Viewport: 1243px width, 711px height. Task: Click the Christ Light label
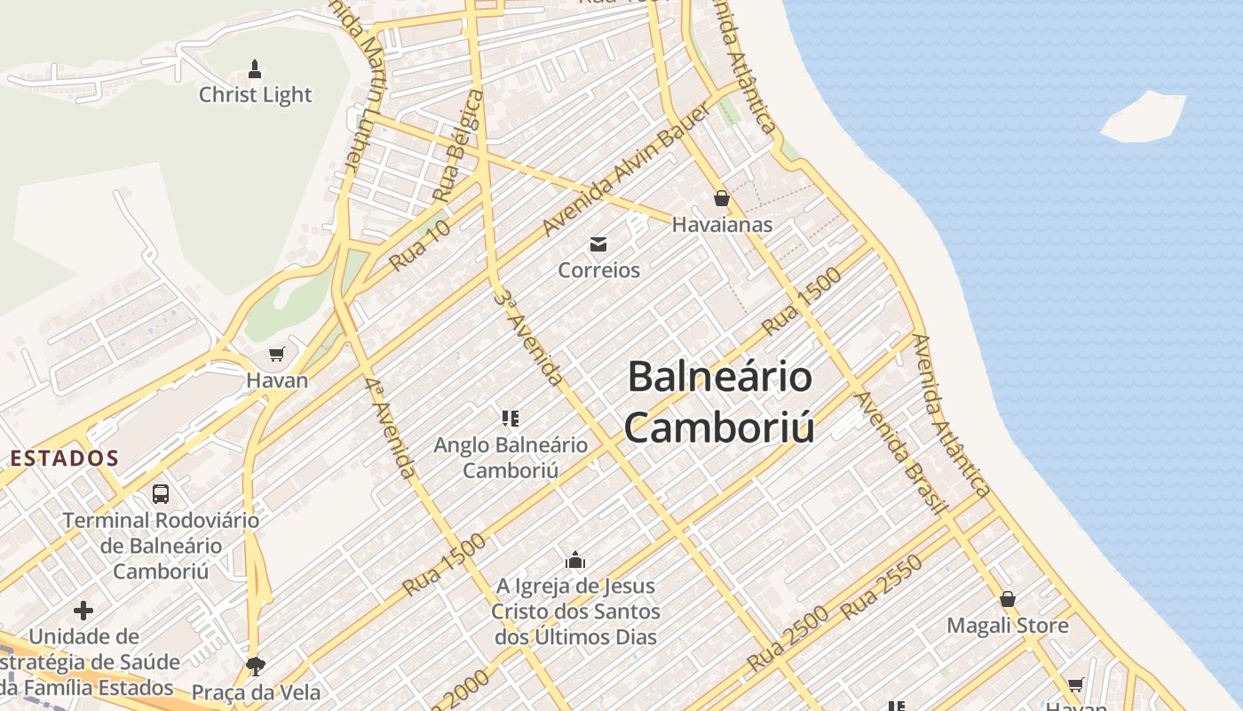tap(255, 95)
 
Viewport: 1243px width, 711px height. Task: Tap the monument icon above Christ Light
tap(255, 68)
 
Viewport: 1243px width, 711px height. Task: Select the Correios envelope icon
tap(598, 244)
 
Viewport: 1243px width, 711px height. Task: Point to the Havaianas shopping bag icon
tap(721, 198)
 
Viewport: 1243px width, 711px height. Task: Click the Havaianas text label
tap(722, 225)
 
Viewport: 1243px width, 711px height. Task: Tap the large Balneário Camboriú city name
tap(719, 402)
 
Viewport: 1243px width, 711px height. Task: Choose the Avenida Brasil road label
tap(899, 451)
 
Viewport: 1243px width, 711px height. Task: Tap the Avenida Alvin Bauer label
tap(627, 169)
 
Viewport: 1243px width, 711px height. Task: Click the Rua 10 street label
tap(420, 245)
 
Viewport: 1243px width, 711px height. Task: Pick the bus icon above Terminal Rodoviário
tap(160, 493)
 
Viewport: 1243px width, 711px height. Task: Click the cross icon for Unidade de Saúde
tap(83, 611)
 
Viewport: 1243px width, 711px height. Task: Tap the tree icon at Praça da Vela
tap(256, 666)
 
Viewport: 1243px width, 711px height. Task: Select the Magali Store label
tap(1008, 626)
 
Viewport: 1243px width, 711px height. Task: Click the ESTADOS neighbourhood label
tap(64, 459)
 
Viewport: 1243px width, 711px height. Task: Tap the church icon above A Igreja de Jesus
tap(575, 560)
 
